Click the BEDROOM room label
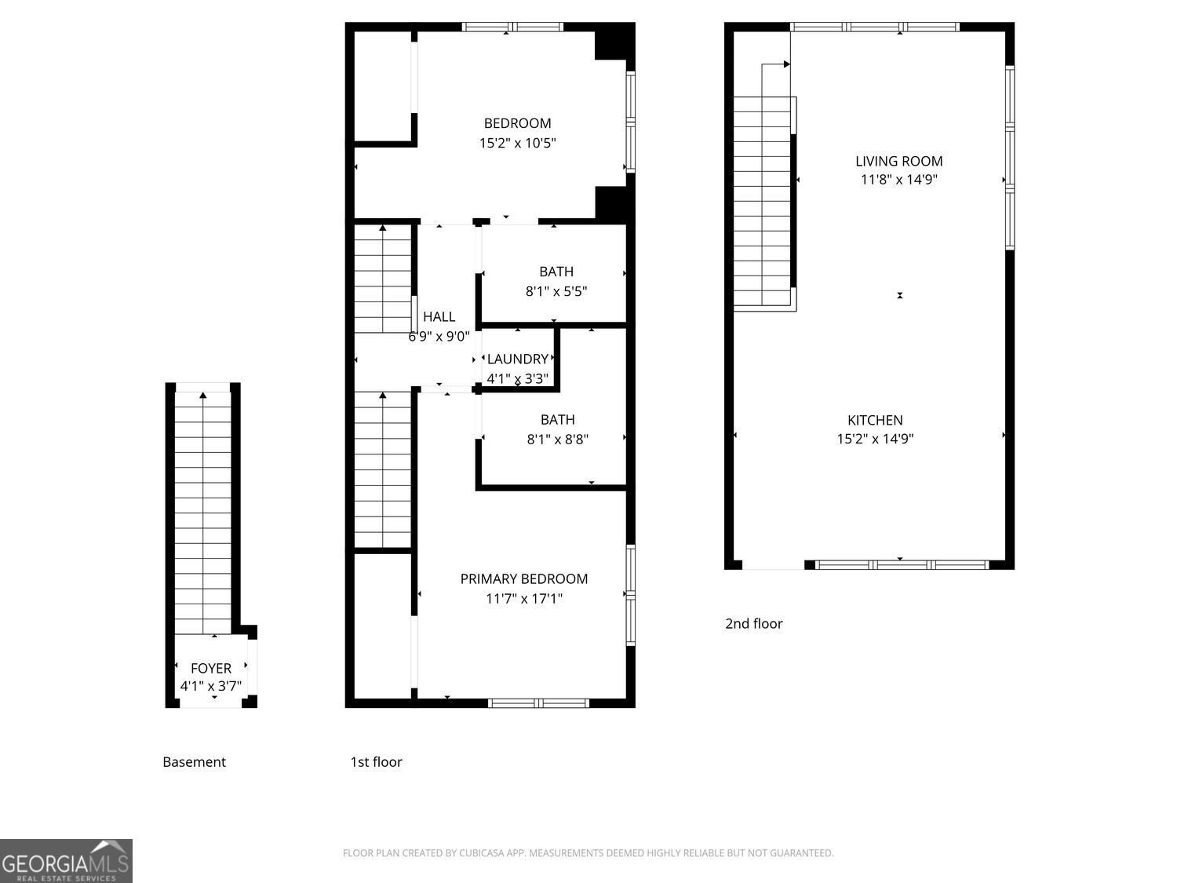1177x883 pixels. tap(517, 123)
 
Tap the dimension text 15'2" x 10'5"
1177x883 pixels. tap(517, 144)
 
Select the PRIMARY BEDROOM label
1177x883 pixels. tap(523, 579)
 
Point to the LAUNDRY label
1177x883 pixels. tap(517, 359)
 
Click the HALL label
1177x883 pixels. tap(439, 317)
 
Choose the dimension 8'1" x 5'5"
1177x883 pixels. tap(556, 292)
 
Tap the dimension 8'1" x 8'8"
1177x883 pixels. tap(557, 440)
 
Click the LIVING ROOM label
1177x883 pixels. tap(898, 162)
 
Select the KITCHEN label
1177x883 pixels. tap(875, 421)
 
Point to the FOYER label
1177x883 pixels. tap(211, 669)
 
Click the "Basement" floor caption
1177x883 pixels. tap(194, 762)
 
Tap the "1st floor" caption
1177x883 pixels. tap(376, 762)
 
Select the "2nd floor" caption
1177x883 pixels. tap(753, 624)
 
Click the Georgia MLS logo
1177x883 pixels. tap(66, 861)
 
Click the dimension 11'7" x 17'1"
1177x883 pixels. tap(523, 600)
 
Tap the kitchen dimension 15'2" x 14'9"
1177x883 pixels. tap(875, 440)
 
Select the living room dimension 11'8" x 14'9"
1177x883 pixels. tap(898, 180)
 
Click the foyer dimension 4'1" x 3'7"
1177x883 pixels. tap(211, 686)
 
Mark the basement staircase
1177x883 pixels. tap(203, 510)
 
